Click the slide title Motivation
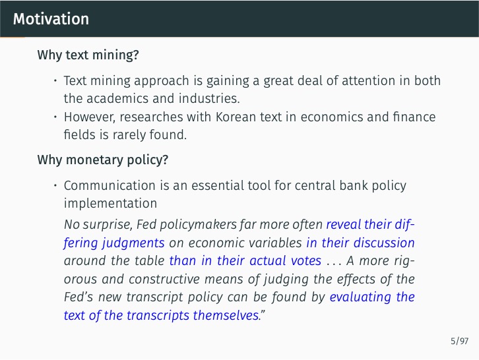coord(51,19)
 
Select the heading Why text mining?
coord(88,55)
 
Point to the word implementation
coord(110,203)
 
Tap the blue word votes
coord(306,260)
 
